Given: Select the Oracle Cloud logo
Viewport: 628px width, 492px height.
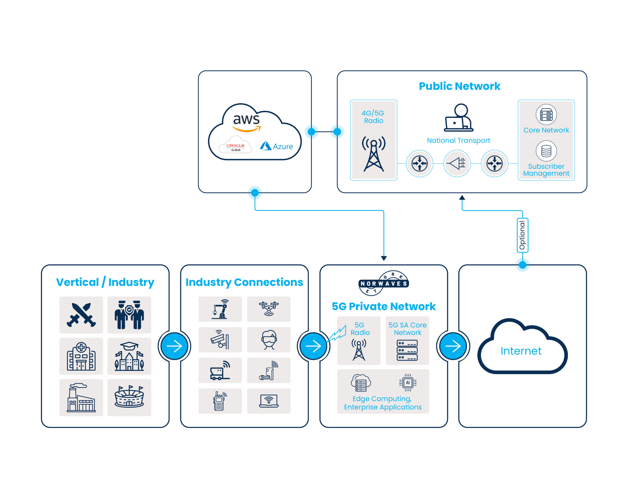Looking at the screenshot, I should [235, 147].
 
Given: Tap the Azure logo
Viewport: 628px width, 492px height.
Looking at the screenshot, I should [276, 146].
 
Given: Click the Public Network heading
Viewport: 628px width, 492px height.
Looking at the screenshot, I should [459, 86].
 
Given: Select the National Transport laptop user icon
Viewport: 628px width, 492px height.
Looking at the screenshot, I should [458, 118].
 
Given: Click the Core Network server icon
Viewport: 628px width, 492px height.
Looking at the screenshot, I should [546, 114].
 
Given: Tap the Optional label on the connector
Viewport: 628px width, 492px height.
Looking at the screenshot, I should [522, 235].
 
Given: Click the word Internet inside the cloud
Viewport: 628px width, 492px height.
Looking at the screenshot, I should [521, 351].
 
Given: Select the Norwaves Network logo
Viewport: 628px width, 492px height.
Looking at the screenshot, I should [383, 283].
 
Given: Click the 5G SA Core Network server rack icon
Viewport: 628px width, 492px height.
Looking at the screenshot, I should [407, 350].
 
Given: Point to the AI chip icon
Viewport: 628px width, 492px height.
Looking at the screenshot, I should [408, 382].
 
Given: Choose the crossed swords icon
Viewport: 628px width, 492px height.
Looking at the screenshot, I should [81, 315].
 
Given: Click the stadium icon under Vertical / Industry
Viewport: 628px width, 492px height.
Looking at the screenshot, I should [129, 397].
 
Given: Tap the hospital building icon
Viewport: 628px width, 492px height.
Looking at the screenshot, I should [81, 356].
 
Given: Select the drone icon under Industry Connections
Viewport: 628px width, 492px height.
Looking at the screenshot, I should [269, 309].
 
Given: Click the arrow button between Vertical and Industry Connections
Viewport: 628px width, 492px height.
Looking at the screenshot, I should [174, 346].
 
